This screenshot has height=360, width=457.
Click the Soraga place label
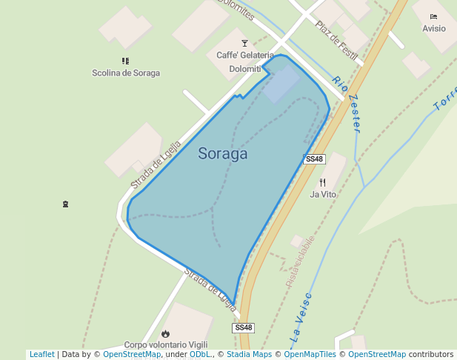click(222, 154)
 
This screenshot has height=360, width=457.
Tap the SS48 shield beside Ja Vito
click(315, 159)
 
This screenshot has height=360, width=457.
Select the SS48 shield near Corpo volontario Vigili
click(243, 327)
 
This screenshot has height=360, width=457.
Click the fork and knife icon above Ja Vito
click(322, 182)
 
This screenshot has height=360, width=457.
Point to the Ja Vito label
click(323, 195)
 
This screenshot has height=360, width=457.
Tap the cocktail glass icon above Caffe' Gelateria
click(244, 44)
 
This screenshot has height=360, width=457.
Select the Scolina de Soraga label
click(126, 73)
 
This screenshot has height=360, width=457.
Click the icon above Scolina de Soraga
click(125, 61)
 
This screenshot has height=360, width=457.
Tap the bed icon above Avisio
click(433, 16)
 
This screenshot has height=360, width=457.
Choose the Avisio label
click(434, 29)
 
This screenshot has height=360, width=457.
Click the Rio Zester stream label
click(347, 104)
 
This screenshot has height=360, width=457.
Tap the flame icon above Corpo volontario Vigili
click(165, 334)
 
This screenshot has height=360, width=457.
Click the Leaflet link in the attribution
click(41, 355)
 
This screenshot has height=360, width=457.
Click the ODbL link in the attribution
click(200, 355)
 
